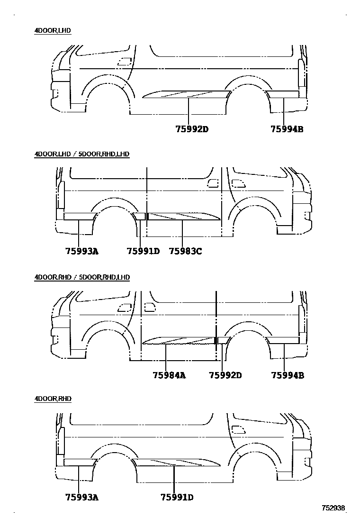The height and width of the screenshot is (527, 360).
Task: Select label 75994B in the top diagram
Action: coord(287,129)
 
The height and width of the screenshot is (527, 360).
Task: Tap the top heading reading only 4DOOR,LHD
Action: coord(53,31)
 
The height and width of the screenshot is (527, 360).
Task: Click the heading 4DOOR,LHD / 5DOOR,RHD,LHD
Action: coord(81,154)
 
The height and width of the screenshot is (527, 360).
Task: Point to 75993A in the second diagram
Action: coord(82,252)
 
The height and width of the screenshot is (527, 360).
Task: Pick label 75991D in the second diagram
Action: coord(143,252)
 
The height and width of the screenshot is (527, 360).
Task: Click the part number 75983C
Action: coord(185,252)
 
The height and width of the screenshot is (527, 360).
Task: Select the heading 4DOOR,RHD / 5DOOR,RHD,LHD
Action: coord(82,277)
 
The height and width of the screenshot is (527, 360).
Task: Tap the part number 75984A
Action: coord(169,375)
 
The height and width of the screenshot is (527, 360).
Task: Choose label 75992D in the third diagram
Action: coord(225,375)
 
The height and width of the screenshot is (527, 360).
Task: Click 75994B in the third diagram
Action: coord(288,375)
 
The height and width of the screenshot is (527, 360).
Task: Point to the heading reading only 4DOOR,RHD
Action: coord(53,399)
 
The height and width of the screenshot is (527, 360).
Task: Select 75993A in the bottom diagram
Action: coord(82,497)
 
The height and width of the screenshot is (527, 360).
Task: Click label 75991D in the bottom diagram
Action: coord(177,497)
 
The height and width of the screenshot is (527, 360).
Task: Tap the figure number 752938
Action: coord(333,509)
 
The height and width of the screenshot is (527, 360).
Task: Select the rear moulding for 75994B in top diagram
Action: coord(283,93)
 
